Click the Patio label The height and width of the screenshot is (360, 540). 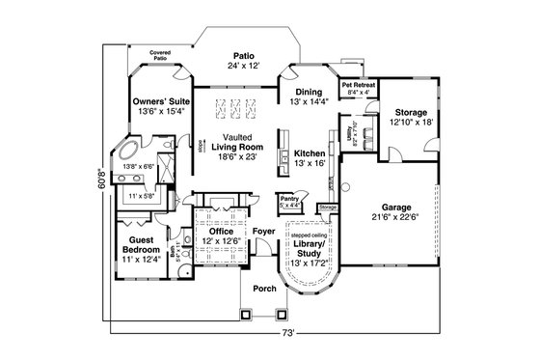[241, 55]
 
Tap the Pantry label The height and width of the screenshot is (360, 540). [288, 198]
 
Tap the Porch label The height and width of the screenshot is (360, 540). [263, 288]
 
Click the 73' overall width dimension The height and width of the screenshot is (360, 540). [287, 334]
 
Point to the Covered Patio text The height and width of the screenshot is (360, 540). [159, 56]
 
